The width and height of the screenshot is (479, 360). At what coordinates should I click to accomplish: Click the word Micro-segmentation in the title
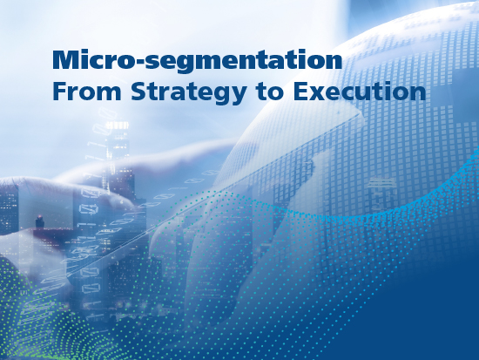(x=198, y=60)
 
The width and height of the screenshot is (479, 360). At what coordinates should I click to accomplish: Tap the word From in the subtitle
(x=87, y=92)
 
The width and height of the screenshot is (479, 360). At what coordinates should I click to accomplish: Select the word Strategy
(x=189, y=93)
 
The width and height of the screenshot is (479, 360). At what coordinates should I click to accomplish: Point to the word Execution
(x=360, y=92)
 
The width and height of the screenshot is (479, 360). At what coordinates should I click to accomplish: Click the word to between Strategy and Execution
(x=271, y=92)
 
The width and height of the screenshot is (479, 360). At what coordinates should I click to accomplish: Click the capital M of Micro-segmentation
(x=65, y=59)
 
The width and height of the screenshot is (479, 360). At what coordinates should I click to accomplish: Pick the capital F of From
(x=58, y=92)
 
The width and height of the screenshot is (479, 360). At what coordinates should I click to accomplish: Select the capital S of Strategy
(x=138, y=92)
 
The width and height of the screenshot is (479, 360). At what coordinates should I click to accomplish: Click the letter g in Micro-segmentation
(x=185, y=65)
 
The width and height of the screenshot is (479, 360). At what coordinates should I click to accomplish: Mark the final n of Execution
(x=419, y=93)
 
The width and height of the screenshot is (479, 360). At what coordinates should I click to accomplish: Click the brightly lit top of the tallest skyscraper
(x=118, y=126)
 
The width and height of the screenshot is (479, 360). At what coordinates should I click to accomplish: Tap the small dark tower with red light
(x=39, y=221)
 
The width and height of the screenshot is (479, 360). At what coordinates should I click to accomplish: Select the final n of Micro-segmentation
(x=334, y=62)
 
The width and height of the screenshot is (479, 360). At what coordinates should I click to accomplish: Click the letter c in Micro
(x=96, y=63)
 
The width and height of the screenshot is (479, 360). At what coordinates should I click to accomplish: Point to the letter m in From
(x=109, y=93)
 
